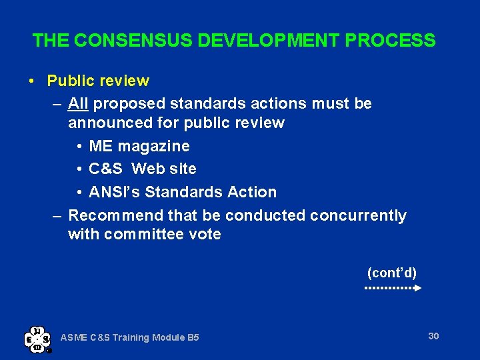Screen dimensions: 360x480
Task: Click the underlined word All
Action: tap(79, 104)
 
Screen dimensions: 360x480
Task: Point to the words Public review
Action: tap(98, 81)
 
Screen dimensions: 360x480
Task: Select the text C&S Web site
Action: tap(142, 169)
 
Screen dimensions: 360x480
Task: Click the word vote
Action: tap(205, 235)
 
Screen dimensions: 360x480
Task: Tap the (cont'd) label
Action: tap(392, 273)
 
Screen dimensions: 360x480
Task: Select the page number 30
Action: tap(433, 336)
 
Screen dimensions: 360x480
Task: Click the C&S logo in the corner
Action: tap(37, 339)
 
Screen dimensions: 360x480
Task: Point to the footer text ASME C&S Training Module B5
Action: tap(130, 337)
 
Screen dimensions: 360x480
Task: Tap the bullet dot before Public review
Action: tap(32, 81)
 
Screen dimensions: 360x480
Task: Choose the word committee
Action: tap(145, 235)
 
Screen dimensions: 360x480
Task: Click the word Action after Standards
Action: tap(252, 192)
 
